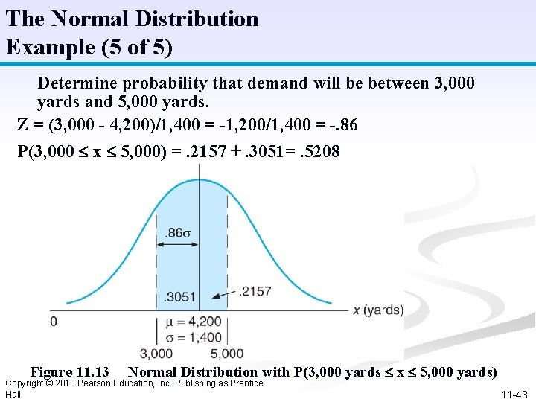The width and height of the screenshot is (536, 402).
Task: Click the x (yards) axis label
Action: coord(377,310)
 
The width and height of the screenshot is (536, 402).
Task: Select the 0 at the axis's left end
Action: coord(53,322)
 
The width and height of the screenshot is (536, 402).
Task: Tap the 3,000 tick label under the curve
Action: coord(156,354)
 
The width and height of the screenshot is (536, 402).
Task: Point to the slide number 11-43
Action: coord(514,395)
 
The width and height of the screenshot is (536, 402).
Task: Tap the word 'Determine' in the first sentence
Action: coord(71,83)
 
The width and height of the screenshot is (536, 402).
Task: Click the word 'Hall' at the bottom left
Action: coord(13,394)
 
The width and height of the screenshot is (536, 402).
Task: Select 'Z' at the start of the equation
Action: coord(22,125)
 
